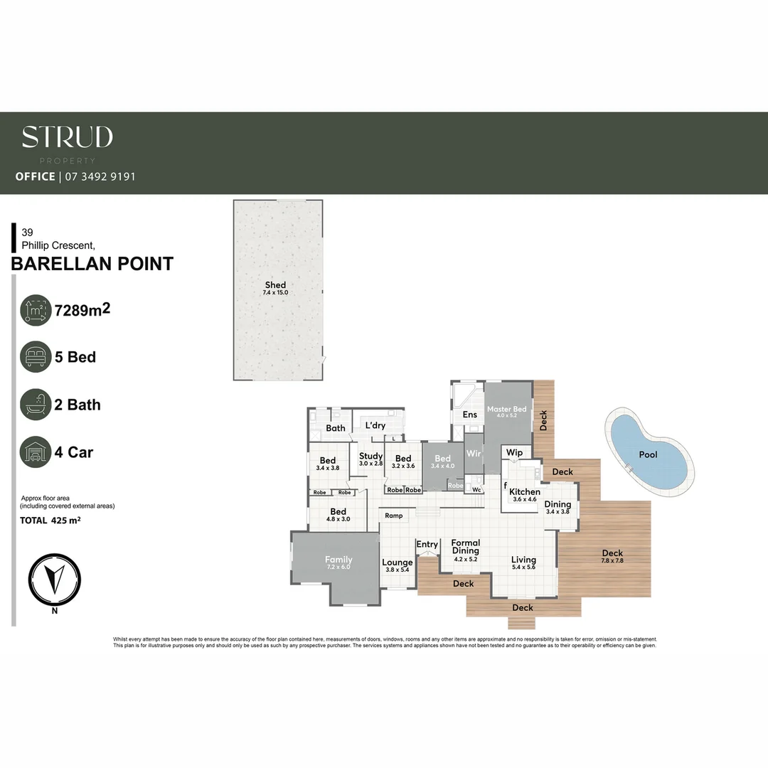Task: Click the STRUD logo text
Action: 67,137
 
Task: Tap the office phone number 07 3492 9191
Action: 100,176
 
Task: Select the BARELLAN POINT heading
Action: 92,264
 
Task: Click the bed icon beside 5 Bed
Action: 36,357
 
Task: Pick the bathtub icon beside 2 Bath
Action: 36,405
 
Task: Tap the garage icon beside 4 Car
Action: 36,452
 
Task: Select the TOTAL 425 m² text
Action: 50,521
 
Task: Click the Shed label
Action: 275,285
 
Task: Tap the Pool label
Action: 648,454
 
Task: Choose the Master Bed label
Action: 507,410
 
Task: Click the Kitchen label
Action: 525,491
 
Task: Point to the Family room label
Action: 338,560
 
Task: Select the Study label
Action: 370,456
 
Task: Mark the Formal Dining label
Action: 466,547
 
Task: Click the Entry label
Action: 427,545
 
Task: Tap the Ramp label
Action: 394,516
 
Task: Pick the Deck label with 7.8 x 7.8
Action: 612,553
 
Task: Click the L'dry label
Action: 375,425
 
